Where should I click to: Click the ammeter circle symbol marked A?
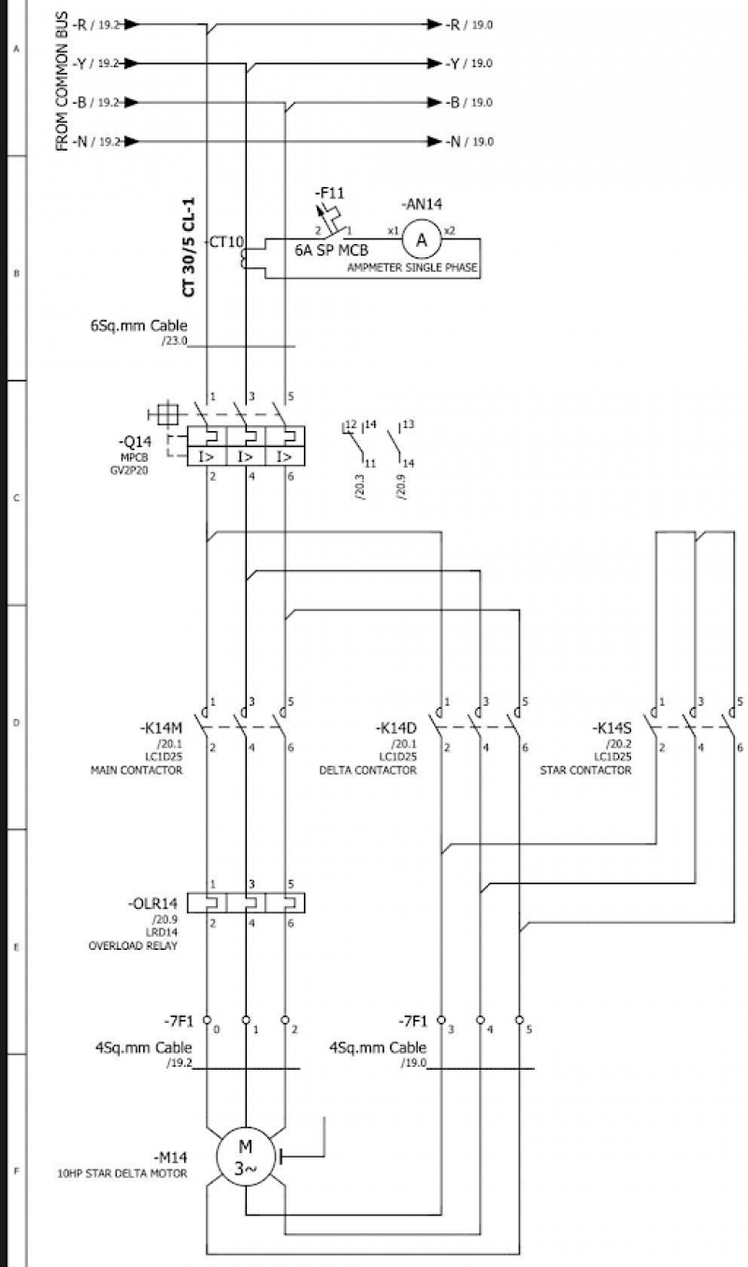[x=421, y=240]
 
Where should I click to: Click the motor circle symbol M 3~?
[x=245, y=1157]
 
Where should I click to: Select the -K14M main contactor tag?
[x=161, y=728]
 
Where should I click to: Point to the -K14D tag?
[x=396, y=728]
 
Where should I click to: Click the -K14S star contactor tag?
[x=612, y=728]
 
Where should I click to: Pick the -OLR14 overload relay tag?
[x=152, y=904]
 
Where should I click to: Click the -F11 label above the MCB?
[x=329, y=193]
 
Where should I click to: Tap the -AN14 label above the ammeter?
[x=421, y=203]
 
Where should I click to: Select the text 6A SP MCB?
[x=331, y=251]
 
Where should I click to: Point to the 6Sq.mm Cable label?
[x=138, y=326]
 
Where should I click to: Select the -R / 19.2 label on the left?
[x=95, y=24]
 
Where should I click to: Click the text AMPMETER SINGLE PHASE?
[x=413, y=268]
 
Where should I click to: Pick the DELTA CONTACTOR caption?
[x=368, y=770]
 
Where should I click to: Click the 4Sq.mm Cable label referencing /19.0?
[x=378, y=1048]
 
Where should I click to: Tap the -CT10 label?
[x=226, y=242]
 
